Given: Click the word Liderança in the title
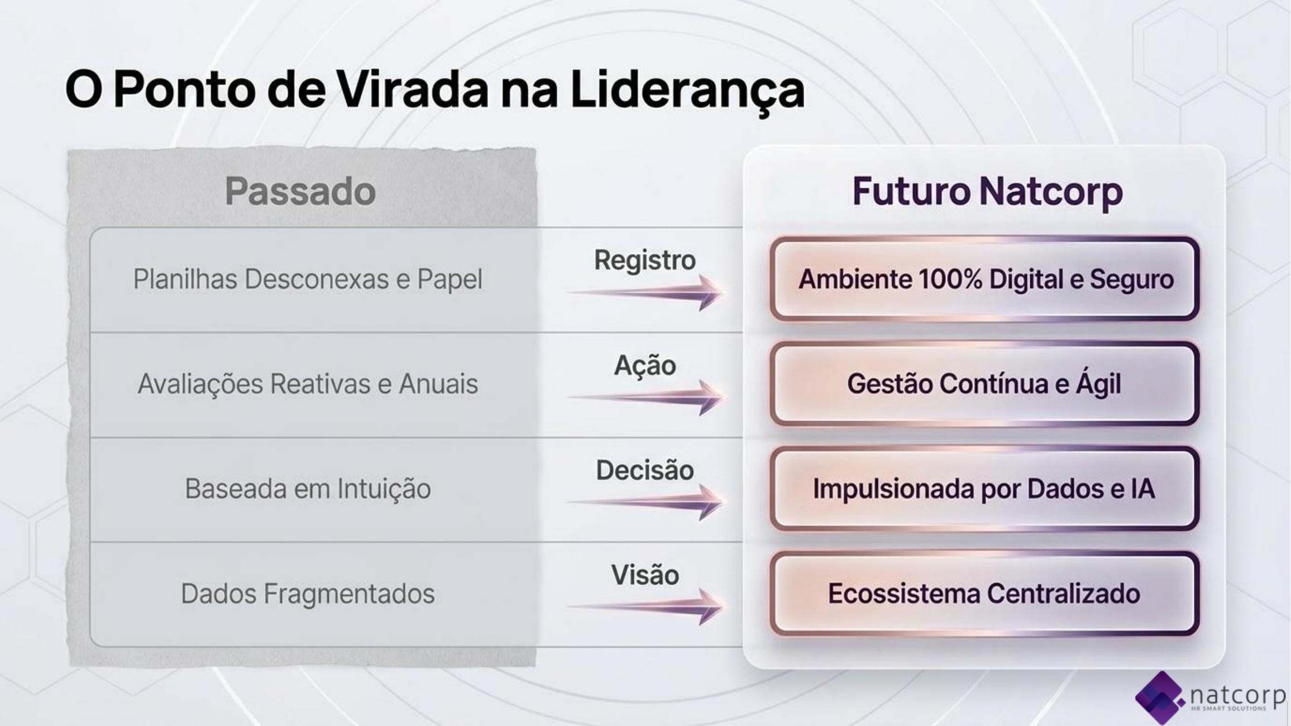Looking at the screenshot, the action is (x=687, y=90).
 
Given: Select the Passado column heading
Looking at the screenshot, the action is (x=300, y=191).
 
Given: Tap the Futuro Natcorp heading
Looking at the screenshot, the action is (x=987, y=192).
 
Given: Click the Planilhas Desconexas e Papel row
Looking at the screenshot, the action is (x=308, y=279).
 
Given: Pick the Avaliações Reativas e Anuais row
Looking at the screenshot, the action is (x=308, y=384).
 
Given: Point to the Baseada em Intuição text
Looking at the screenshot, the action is (x=308, y=489).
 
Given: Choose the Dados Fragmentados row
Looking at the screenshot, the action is (x=308, y=594).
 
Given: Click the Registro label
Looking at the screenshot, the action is (x=645, y=261).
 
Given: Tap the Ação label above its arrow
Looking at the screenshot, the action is (x=645, y=366).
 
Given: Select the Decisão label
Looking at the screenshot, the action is (x=645, y=470).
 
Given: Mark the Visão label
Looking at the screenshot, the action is (x=645, y=575).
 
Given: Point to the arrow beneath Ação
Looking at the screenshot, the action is (x=645, y=398).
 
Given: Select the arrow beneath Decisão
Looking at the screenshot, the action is (x=645, y=502).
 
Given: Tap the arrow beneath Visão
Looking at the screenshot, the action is (x=645, y=606).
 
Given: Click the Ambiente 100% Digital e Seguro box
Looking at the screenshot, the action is (x=984, y=279).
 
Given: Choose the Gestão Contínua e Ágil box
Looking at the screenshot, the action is (x=984, y=384).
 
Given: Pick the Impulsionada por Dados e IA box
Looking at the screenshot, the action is (x=984, y=489).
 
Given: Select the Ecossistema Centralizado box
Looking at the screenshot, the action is (x=984, y=594).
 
